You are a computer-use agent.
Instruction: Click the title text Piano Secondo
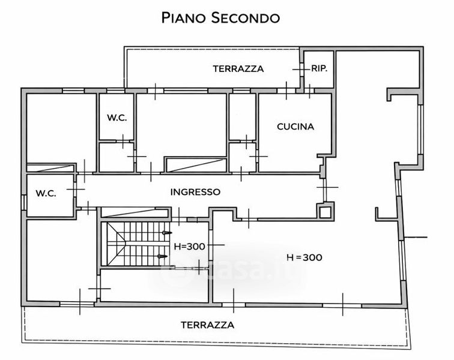point(220,17)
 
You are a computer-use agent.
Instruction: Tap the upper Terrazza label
point(238,69)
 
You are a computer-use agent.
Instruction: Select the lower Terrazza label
point(208,325)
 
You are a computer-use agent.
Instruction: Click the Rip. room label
point(319,68)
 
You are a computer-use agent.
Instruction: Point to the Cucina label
point(295,127)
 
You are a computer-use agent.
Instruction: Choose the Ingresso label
point(195,192)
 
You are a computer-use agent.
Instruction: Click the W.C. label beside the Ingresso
point(46,193)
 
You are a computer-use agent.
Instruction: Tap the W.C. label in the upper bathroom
point(117,118)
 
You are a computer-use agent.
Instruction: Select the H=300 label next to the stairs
point(189,247)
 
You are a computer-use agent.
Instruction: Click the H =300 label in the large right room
point(304,257)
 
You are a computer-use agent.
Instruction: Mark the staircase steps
point(135,244)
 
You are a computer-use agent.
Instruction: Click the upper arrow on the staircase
point(167,233)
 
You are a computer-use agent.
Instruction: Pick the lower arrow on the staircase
point(162,256)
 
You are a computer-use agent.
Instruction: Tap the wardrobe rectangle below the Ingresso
point(134,212)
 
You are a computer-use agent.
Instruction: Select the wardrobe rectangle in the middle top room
point(195,164)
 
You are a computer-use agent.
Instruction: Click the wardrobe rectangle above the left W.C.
point(50,168)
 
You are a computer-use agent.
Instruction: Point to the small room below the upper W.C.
point(117,157)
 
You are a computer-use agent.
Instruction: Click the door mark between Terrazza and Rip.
point(300,70)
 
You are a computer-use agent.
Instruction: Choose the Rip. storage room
point(319,70)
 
